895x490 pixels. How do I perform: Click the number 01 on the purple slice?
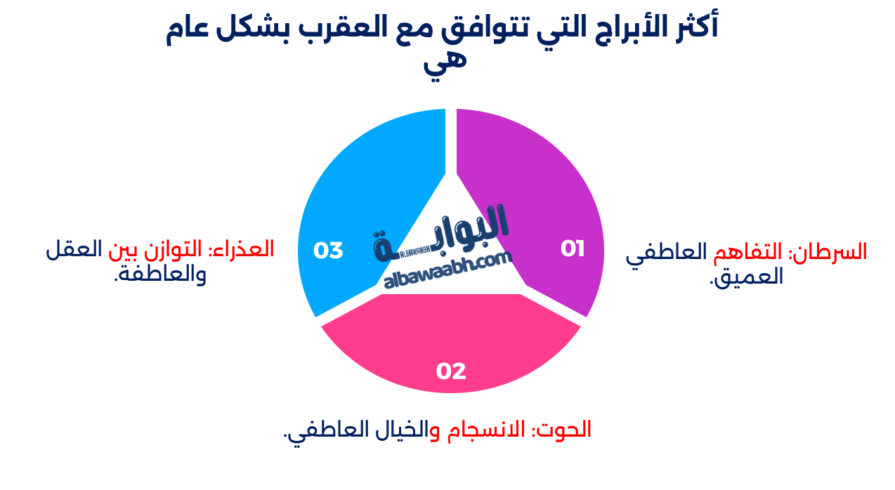tap(573, 249)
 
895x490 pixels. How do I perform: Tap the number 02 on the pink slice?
tap(451, 371)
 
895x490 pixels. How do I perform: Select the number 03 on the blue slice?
tap(328, 251)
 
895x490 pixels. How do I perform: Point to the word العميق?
tap(747, 276)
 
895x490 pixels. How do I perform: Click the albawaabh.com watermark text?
tap(448, 271)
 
